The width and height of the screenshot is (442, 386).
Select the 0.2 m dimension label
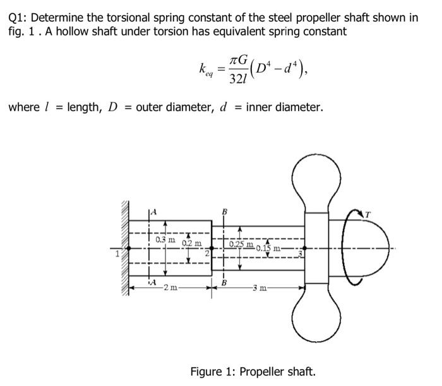[x=191, y=243]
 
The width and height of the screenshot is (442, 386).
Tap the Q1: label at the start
[x=20, y=17]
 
